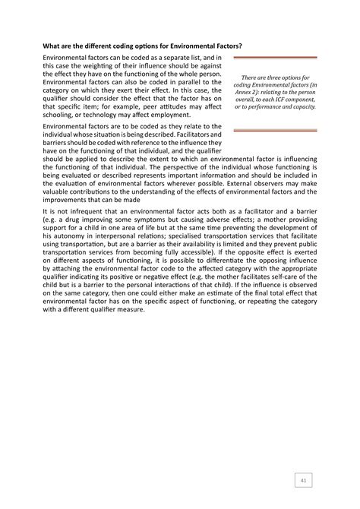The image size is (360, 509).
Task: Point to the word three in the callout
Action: [268, 77]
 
